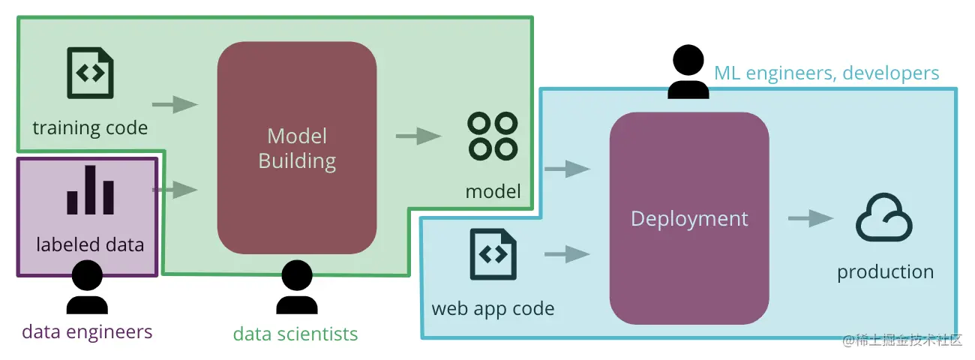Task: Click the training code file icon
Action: (91, 73)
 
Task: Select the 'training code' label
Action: (90, 127)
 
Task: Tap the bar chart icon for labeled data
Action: (90, 190)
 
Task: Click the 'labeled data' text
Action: (90, 244)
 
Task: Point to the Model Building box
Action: (297, 148)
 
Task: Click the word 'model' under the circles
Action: (493, 191)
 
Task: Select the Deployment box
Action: (689, 218)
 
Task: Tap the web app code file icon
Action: (493, 254)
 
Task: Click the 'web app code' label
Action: (493, 308)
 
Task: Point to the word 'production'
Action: (885, 271)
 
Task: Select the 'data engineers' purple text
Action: (87, 331)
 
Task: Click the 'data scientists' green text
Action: (295, 334)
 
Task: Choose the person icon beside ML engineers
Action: (688, 72)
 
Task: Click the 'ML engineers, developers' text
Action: (826, 73)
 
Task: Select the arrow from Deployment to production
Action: (811, 218)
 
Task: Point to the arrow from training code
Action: (175, 104)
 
